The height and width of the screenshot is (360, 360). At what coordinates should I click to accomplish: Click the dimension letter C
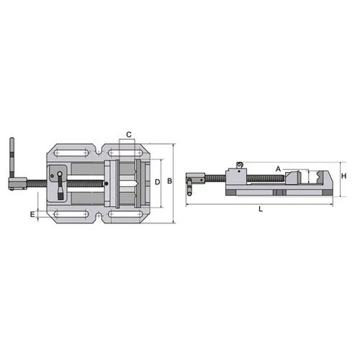point(129,134)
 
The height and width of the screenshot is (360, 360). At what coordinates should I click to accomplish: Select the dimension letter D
point(157,182)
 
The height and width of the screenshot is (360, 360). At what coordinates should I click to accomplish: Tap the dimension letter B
point(169,181)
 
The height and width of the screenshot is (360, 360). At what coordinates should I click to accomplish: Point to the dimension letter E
point(32,214)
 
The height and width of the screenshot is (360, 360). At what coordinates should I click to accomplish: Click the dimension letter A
point(278,169)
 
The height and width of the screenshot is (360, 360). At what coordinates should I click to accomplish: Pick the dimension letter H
point(344,176)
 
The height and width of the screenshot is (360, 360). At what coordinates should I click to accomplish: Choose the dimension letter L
point(260,209)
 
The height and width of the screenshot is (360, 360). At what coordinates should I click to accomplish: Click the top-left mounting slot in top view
point(71,153)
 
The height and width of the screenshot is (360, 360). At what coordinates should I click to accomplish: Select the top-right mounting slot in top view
point(124,153)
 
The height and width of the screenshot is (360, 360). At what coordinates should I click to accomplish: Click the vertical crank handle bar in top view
point(12,158)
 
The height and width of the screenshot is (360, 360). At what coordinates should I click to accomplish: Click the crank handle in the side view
point(191,185)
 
